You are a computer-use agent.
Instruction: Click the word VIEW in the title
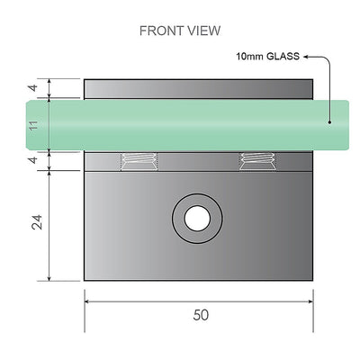203,31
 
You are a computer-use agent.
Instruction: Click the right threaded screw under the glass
255,161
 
